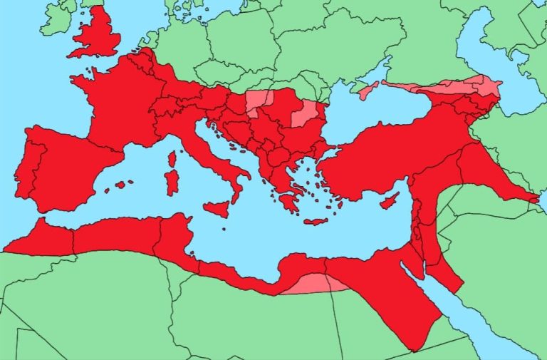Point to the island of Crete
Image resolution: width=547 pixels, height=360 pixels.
[x=315, y=222]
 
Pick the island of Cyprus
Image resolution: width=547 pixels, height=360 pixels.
[x=389, y=201]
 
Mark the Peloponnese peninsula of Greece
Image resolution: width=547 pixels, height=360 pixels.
[x=288, y=202]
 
